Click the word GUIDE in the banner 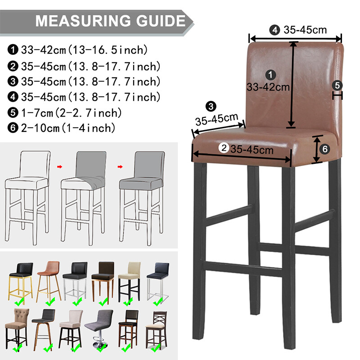tap(161, 21)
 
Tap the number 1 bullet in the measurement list tap(13, 50)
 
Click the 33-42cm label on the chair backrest tap(268, 87)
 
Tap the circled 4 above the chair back tap(274, 30)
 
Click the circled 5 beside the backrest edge tap(337, 85)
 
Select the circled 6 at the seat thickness tap(325, 149)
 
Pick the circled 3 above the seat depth tap(211, 106)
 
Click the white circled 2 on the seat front tap(224, 148)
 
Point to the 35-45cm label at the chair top tap(305, 30)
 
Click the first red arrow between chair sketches tap(60, 166)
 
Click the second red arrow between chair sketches tap(120, 166)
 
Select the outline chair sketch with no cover tap(27, 198)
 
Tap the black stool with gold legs tap(21, 283)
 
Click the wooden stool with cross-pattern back tap(157, 330)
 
